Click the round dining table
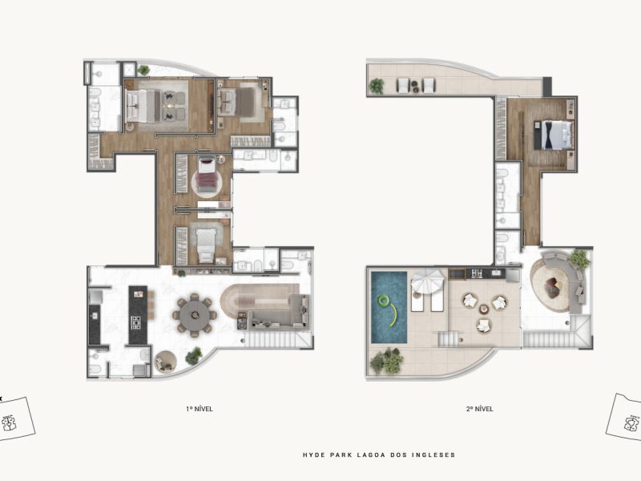pyautogui.click(x=196, y=315)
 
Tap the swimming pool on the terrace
pyautogui.click(x=389, y=307)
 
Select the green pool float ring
pyautogui.click(x=384, y=301)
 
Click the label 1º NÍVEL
pyautogui.click(x=200, y=409)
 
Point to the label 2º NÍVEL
pyautogui.click(x=480, y=409)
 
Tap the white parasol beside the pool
pyautogui.click(x=427, y=281)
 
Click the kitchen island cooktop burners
pyautogui.click(x=135, y=322)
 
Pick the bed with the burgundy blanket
pyautogui.click(x=207, y=175)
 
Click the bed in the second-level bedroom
pyautogui.click(x=554, y=135)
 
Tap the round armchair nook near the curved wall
pyautogui.click(x=165, y=362)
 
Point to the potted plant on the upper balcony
pyautogui.click(x=377, y=86)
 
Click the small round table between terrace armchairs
pyautogui.click(x=485, y=309)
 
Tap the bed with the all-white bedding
pyautogui.click(x=205, y=245)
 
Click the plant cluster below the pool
pyautogui.click(x=387, y=361)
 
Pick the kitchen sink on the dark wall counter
pyautogui.click(x=95, y=316)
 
